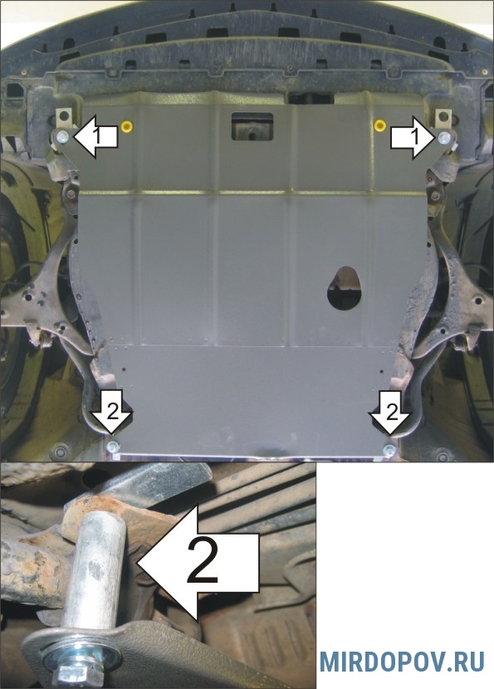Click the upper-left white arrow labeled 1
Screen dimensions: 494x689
(95, 137)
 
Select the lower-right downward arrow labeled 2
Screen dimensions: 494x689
(390, 413)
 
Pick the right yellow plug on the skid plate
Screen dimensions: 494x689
(379, 126)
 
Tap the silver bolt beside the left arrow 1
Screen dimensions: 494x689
(62, 136)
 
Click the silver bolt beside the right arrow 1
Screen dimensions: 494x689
(444, 138)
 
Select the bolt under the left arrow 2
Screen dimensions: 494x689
(113, 447)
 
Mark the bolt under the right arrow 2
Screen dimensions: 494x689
(389, 450)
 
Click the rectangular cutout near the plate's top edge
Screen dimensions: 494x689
(252, 126)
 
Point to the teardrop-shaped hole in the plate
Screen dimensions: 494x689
(345, 288)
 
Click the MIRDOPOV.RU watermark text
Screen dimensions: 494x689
(402, 662)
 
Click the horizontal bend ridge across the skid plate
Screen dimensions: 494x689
(252, 193)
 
